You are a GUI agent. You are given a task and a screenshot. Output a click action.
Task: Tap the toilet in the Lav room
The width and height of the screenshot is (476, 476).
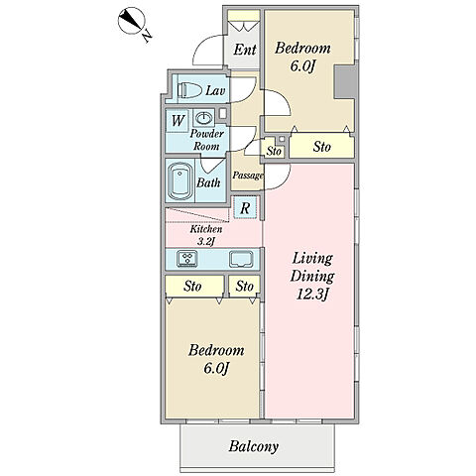(189, 90)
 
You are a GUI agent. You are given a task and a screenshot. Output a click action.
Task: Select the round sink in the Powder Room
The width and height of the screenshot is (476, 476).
(203, 117)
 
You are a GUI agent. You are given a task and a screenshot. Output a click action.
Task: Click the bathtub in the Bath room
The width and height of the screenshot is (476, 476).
(180, 180)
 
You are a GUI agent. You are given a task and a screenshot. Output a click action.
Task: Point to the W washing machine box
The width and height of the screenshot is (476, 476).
(178, 121)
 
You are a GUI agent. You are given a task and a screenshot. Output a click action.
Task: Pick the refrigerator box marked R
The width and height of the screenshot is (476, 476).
(245, 207)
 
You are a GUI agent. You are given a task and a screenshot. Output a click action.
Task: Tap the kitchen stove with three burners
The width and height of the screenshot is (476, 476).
(187, 258)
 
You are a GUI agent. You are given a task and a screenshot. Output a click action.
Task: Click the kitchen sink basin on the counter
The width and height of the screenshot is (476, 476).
(241, 259)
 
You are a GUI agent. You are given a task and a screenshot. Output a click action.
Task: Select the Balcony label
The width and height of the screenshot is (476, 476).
(254, 446)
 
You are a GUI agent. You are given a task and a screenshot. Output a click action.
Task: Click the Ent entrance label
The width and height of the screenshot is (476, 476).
(245, 50)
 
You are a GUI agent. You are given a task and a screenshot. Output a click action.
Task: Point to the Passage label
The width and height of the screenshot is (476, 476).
(248, 176)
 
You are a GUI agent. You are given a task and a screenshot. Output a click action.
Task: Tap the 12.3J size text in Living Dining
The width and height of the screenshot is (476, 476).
(312, 294)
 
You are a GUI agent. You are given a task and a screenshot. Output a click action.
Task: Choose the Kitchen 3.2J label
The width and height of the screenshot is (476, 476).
(206, 235)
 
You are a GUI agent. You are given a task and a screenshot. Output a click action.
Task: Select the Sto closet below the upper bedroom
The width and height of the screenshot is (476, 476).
(322, 147)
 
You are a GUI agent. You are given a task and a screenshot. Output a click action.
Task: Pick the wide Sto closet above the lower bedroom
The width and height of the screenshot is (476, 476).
(194, 287)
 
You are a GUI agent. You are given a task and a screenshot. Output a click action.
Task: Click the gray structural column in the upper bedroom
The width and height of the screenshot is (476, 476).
(345, 82)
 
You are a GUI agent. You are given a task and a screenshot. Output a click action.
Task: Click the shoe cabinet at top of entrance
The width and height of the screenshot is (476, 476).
(244, 16)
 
